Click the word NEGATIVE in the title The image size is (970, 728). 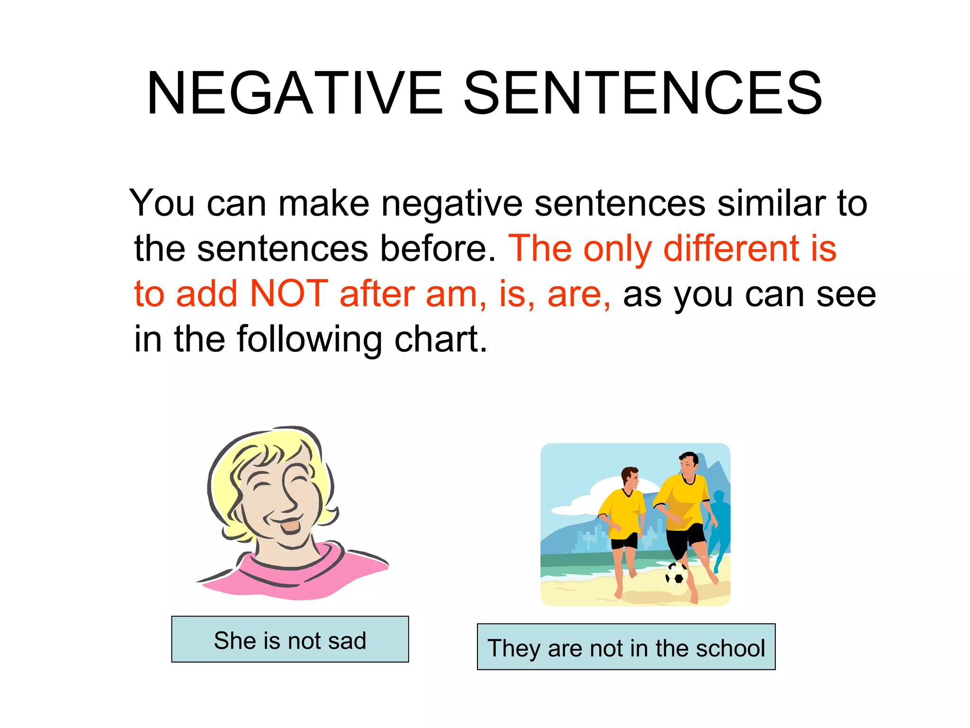click(x=295, y=93)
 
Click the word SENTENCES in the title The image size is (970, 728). click(x=643, y=93)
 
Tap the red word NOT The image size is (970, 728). click(x=288, y=294)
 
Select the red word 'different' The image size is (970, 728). click(x=731, y=248)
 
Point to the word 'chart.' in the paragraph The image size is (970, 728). click(x=440, y=339)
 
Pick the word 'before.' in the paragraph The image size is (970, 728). click(x=438, y=248)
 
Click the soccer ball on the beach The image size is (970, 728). click(x=676, y=574)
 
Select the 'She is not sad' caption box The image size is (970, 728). click(x=290, y=639)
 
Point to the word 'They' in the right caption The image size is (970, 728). click(x=514, y=648)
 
